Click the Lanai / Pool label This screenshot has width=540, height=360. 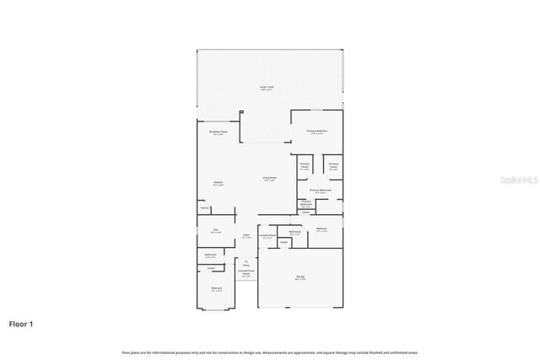[x=265, y=89]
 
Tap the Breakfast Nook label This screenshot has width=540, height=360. [x=218, y=133]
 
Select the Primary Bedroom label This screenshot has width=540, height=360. [x=316, y=132]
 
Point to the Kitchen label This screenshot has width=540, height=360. [x=218, y=184]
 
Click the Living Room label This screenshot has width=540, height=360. [x=270, y=178]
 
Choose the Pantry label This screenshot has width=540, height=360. [x=204, y=207]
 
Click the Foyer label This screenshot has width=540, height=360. [x=246, y=236]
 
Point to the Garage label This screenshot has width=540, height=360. [x=300, y=277]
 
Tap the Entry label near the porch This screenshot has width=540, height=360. [x=246, y=264]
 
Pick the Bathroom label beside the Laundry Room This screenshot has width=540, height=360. [x=294, y=233]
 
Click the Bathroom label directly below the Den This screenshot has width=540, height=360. [x=211, y=255]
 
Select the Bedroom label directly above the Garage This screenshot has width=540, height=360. [x=321, y=229]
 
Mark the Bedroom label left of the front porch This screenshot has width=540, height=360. [x=217, y=289]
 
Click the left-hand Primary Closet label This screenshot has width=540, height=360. [x=304, y=167]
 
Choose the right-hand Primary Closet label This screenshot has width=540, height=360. [x=333, y=166]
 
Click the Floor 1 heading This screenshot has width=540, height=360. [x=22, y=323]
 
